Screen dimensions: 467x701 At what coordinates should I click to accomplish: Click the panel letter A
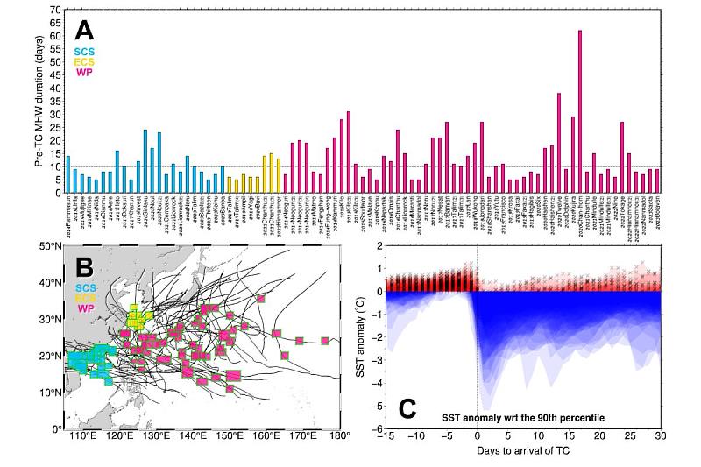pyautogui.click(x=84, y=31)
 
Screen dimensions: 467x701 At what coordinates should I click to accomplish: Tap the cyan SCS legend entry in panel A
pyautogui.click(x=84, y=52)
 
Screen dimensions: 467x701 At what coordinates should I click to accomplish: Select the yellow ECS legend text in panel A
pyautogui.click(x=84, y=62)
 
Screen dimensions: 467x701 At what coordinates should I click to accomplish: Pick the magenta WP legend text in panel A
pyautogui.click(x=84, y=72)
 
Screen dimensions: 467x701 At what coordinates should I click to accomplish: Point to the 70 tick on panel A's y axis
pyautogui.click(x=55, y=10)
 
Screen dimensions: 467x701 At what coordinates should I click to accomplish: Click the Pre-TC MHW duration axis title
pyautogui.click(x=39, y=101)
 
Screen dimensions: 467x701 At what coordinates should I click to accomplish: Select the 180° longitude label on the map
pyautogui.click(x=340, y=435)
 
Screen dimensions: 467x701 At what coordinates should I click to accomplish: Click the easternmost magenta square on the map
pyautogui.click(x=325, y=341)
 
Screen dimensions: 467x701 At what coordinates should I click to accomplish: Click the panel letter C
pyautogui.click(x=407, y=408)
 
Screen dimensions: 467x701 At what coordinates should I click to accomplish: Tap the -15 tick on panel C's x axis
pyautogui.click(x=386, y=435)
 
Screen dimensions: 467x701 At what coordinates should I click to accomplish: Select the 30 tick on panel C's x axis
pyautogui.click(x=661, y=435)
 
